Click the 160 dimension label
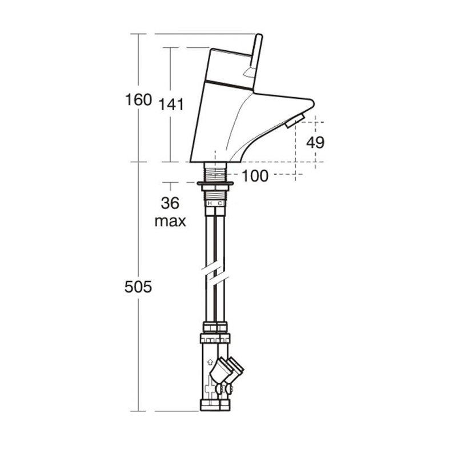coord(138,99)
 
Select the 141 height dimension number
coord(171,105)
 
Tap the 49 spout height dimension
coord(315,142)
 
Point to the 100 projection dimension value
coord(255,176)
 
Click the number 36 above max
coord(170,203)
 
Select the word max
coord(170,221)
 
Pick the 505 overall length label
coord(138,287)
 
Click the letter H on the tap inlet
coord(209,203)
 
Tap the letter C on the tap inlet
coord(220,203)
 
